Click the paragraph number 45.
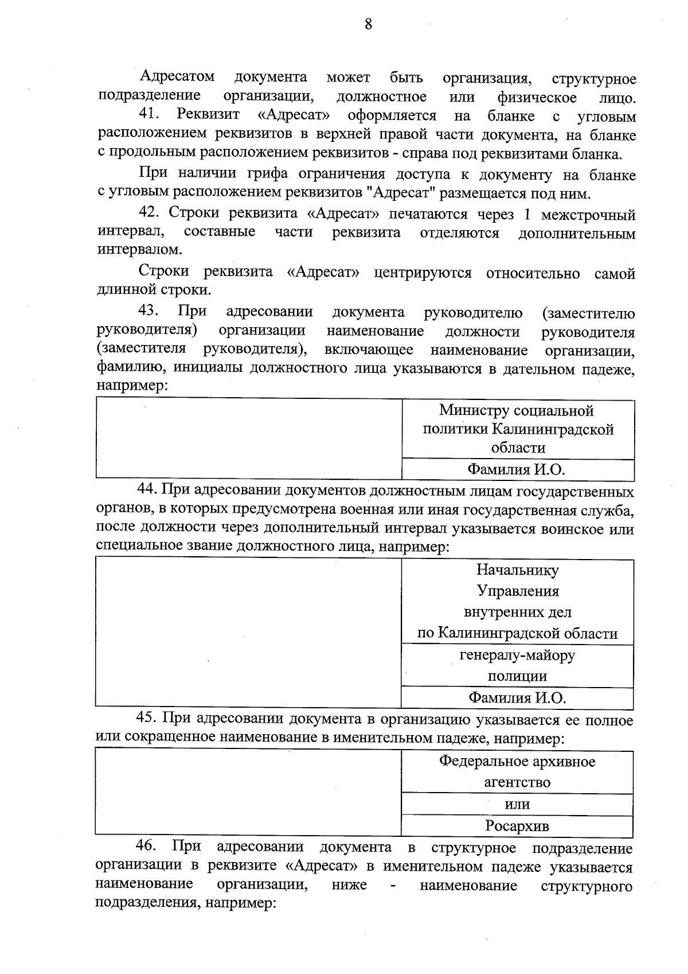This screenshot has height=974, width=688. [147, 719]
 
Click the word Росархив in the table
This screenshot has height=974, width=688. [517, 826]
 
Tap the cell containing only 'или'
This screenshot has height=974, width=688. [517, 804]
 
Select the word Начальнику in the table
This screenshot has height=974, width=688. [517, 570]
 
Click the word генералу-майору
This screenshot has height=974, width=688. [517, 655]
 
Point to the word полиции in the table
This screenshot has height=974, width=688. [517, 676]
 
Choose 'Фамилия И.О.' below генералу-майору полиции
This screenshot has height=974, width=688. [517, 698]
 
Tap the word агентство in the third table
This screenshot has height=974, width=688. [517, 782]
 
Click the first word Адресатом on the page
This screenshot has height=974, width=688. [177, 77]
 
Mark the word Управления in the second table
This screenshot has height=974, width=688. [518, 591]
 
